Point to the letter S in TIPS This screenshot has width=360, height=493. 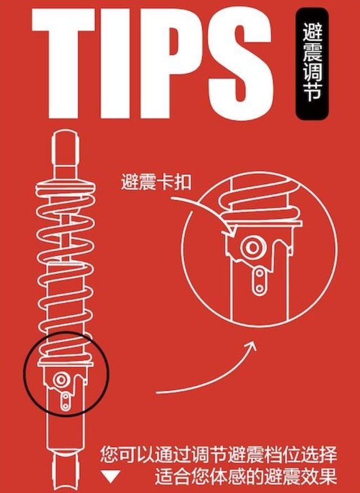point(240,63)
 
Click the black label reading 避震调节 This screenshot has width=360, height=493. point(312,64)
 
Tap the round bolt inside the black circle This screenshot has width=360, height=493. point(60,380)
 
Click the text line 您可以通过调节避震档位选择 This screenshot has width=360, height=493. point(219,454)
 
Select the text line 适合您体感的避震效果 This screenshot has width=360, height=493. point(245,477)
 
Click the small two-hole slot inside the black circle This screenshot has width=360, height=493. point(65,402)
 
